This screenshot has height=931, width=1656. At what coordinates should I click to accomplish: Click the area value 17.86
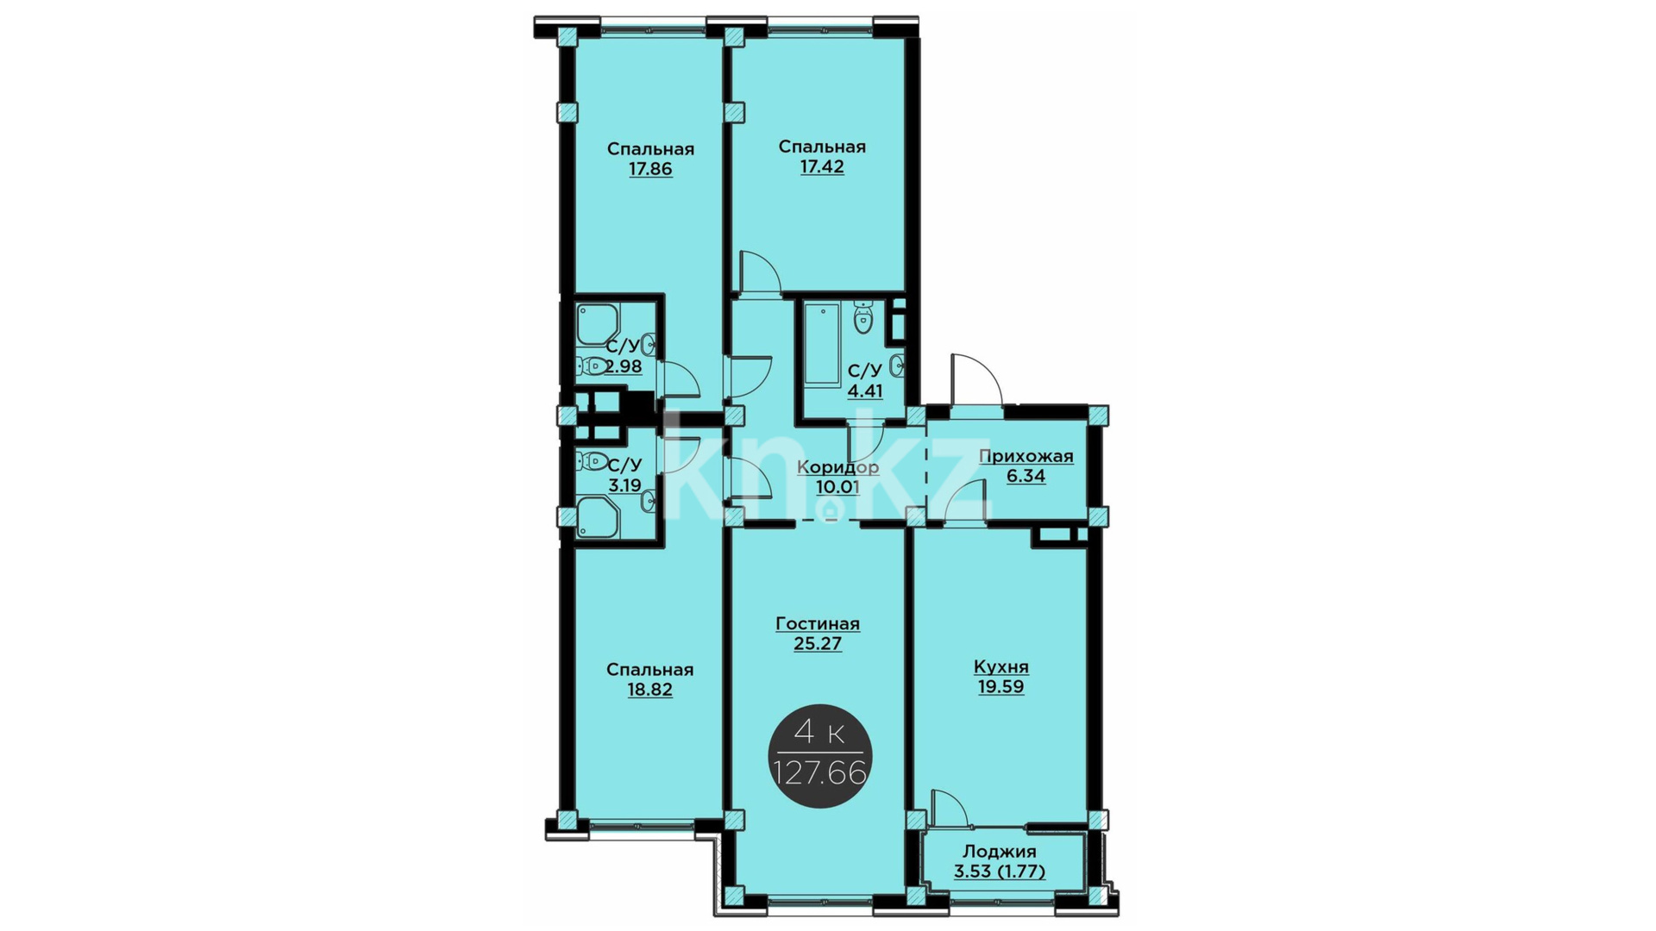tap(650, 169)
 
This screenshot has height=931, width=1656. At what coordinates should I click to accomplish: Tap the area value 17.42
tap(822, 166)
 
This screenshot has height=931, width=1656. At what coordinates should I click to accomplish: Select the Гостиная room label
tap(818, 623)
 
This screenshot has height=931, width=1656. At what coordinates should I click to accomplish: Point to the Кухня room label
tap(1001, 667)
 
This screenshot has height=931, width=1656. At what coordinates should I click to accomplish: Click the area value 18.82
tap(650, 690)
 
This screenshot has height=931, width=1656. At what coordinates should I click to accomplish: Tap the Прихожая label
tap(1026, 456)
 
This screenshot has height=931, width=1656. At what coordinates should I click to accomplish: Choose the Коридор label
tap(838, 467)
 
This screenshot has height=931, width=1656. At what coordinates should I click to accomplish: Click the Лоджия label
tap(1000, 852)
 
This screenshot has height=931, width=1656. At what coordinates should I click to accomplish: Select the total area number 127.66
tap(820, 773)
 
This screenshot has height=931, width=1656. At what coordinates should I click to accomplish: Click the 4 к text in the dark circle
tap(819, 734)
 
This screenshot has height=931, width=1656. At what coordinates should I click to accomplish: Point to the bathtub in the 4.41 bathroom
tap(822, 346)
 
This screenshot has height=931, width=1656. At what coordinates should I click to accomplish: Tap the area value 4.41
tap(865, 391)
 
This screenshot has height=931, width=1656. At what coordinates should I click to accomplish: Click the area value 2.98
tap(623, 366)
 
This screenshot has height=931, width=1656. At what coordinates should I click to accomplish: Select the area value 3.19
tap(624, 485)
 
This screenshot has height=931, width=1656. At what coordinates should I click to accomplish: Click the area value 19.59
tap(1001, 687)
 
